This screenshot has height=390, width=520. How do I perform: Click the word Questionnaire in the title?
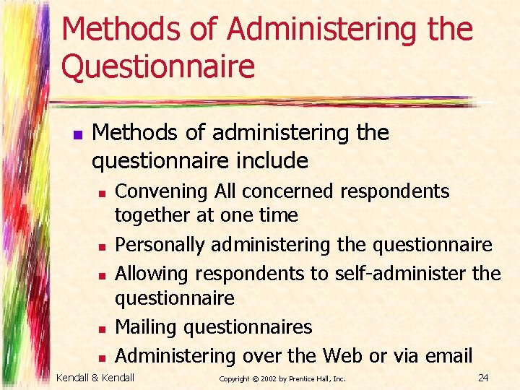click(158, 66)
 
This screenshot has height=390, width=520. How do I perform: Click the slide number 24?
click(484, 377)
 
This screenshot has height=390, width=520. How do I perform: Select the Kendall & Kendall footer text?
click(96, 377)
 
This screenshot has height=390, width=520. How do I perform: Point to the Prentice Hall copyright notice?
click(282, 378)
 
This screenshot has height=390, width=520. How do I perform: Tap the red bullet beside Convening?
click(102, 194)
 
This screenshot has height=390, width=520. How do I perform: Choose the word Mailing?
click(147, 327)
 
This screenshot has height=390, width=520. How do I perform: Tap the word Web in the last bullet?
click(342, 355)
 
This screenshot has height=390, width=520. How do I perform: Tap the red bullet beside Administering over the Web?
click(102, 357)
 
